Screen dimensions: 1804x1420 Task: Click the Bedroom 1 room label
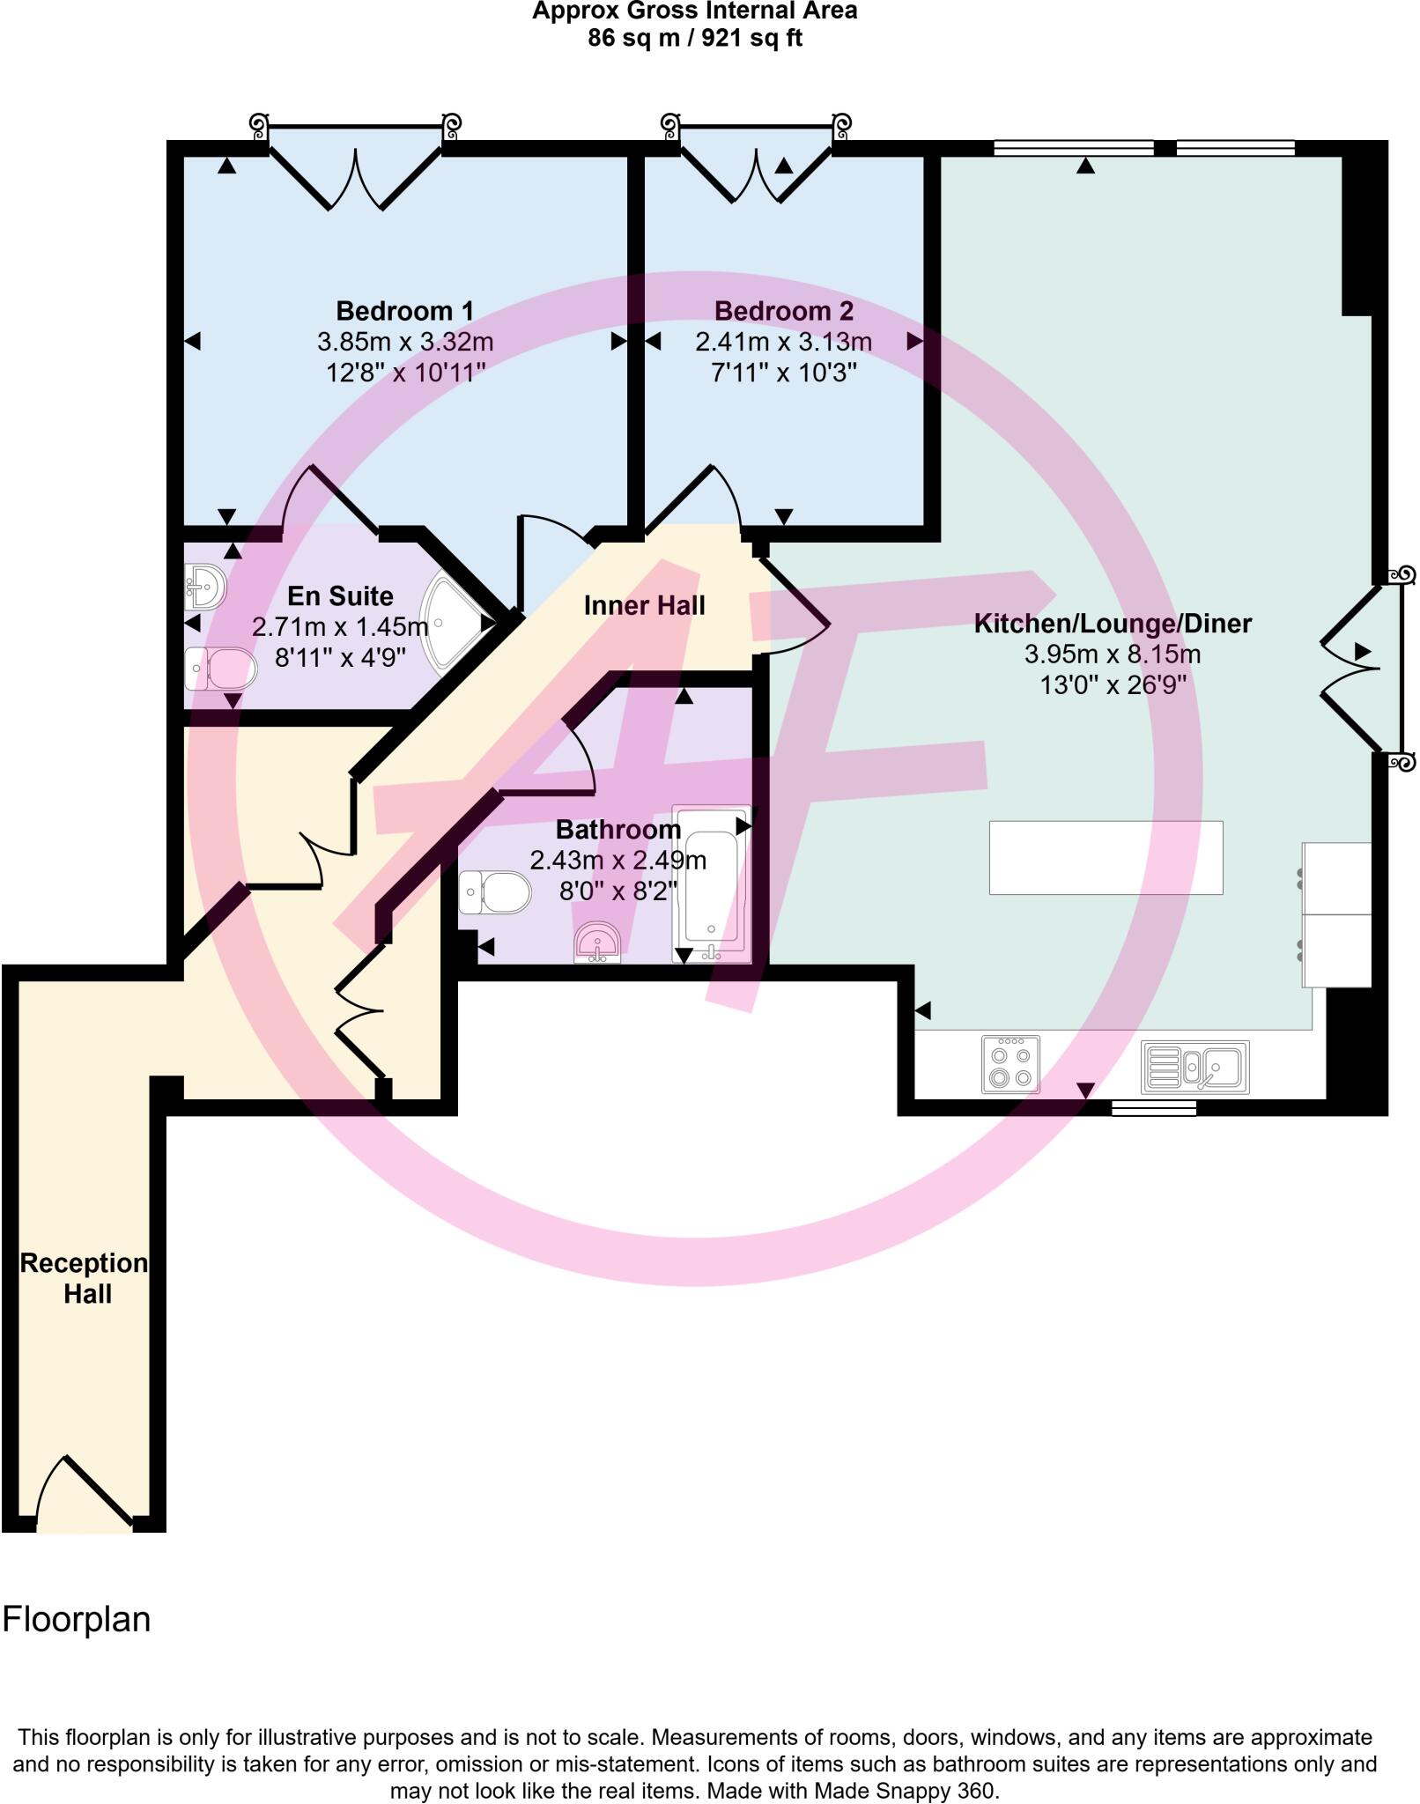tap(404, 311)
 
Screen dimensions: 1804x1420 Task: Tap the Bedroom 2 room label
tap(783, 311)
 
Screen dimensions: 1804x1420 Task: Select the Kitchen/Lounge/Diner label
tap(1112, 624)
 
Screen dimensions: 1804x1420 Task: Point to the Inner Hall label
tap(644, 605)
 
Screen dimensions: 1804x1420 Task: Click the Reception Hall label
tap(85, 1278)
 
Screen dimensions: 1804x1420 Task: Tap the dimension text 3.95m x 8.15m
tap(1112, 654)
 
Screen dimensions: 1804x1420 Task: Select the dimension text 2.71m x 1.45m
tap(340, 627)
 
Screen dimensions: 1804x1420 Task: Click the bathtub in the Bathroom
tap(711, 883)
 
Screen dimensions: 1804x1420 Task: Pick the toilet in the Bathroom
tap(495, 892)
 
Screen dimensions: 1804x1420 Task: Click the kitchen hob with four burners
tap(1010, 1065)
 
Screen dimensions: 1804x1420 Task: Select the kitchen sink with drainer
tap(1195, 1067)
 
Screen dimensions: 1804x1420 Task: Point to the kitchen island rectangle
tap(1106, 857)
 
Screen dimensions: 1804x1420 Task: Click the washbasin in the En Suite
tap(205, 587)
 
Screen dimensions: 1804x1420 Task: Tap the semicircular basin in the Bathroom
tap(598, 943)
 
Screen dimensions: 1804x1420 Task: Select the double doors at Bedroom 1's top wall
tap(356, 176)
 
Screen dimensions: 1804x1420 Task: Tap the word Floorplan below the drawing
tap(77, 1619)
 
